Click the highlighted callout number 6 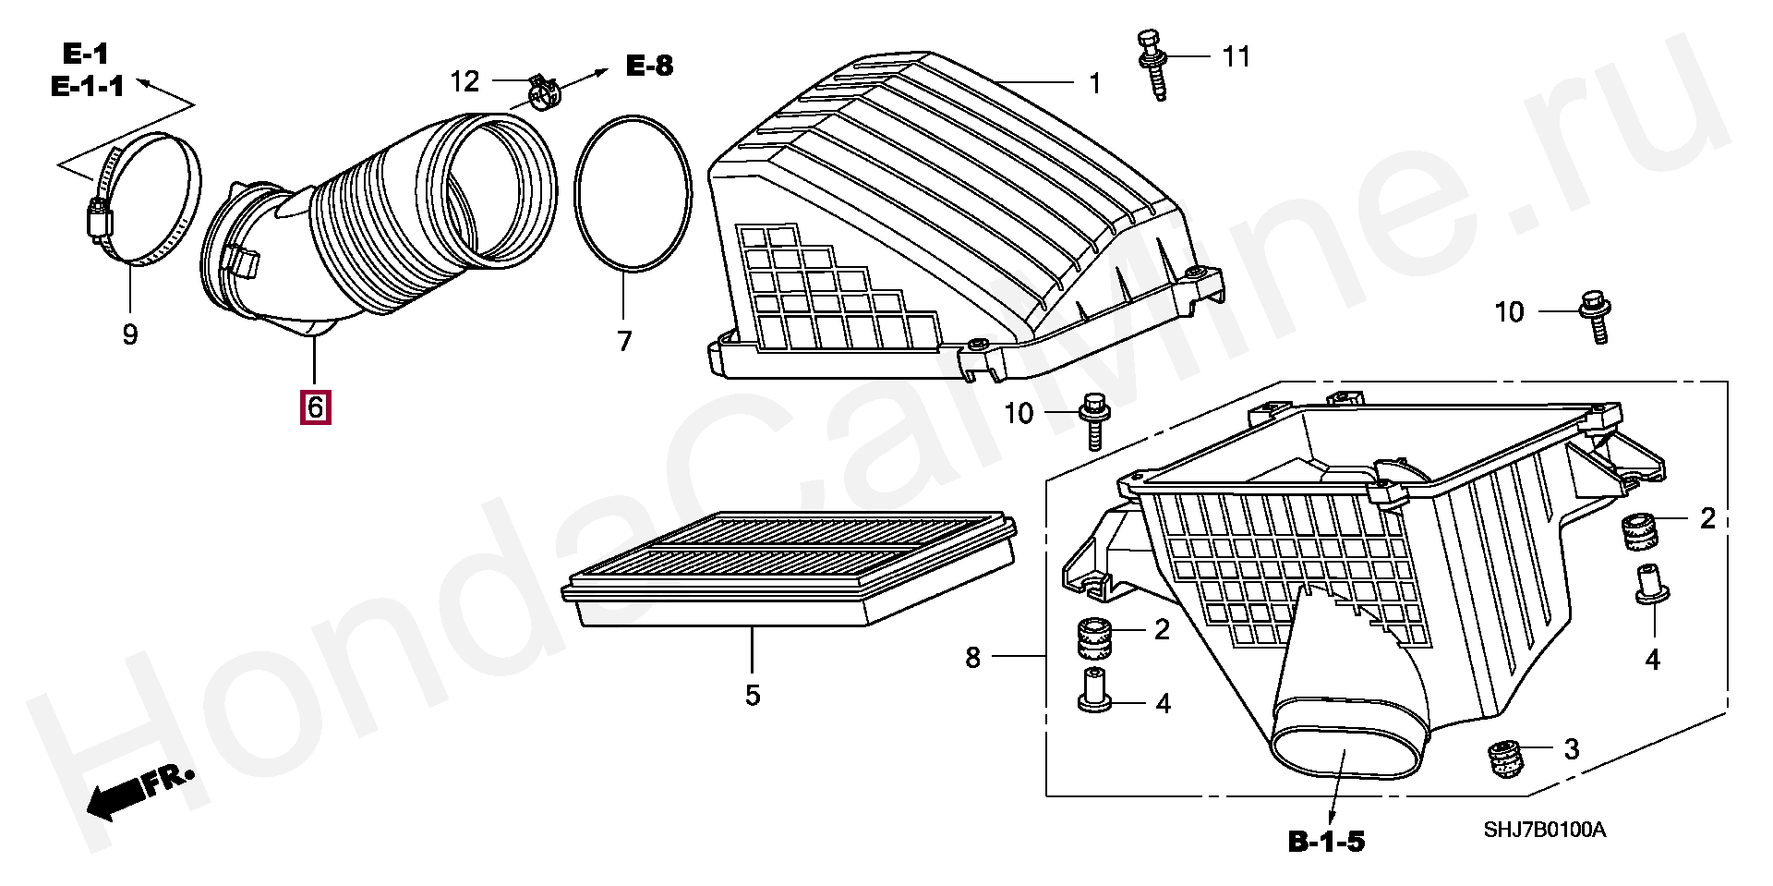click(x=315, y=407)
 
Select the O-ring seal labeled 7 click(x=633, y=193)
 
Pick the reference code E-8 click(x=650, y=66)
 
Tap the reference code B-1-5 click(x=1326, y=842)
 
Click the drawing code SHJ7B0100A click(x=1544, y=830)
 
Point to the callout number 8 click(x=972, y=658)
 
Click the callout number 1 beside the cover click(x=1094, y=84)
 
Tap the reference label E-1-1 click(x=87, y=87)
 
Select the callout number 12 click(x=464, y=81)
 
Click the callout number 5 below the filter click(x=753, y=696)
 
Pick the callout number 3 click(x=1572, y=749)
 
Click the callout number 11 click(x=1236, y=57)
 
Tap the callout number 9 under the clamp click(x=130, y=334)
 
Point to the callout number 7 click(x=625, y=341)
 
